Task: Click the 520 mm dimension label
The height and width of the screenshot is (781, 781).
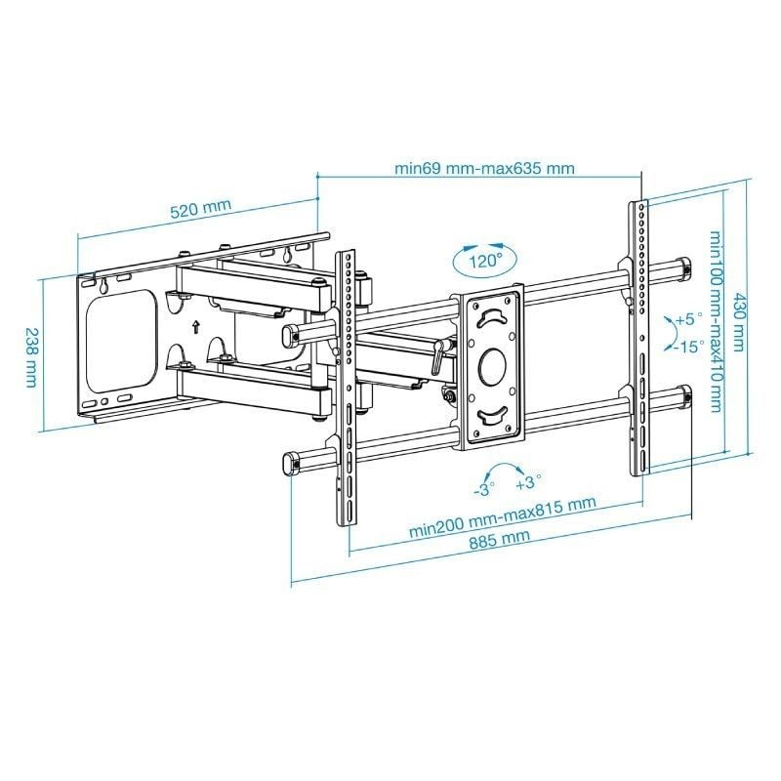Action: (200, 209)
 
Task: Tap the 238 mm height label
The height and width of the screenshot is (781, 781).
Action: (32, 353)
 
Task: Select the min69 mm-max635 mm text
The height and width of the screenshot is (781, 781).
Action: (483, 167)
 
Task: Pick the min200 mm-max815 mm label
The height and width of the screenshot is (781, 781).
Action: (502, 518)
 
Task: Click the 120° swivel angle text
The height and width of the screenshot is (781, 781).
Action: (483, 262)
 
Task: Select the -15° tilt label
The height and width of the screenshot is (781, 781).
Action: (690, 347)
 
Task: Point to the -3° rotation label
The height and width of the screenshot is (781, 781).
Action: (484, 484)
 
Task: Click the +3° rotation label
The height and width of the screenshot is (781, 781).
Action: (528, 483)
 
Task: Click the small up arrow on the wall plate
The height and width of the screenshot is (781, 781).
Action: (196, 326)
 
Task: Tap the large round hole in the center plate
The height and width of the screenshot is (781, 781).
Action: (492, 368)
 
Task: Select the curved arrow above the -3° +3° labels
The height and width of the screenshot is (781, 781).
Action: (506, 466)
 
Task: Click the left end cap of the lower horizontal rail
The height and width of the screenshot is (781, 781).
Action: (289, 463)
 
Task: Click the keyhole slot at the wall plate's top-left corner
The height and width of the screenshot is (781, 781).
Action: (103, 286)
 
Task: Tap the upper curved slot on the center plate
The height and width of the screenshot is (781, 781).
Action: (493, 317)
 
